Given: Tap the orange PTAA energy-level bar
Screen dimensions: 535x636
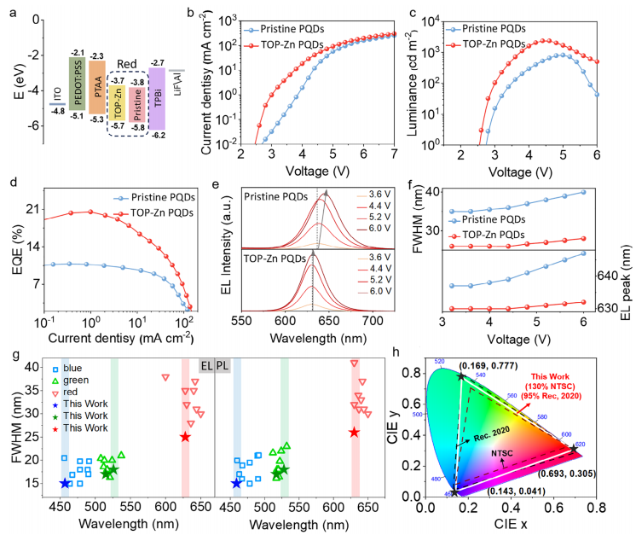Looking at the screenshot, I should click(95, 92).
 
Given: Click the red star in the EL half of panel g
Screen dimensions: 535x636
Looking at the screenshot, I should click(185, 437).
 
